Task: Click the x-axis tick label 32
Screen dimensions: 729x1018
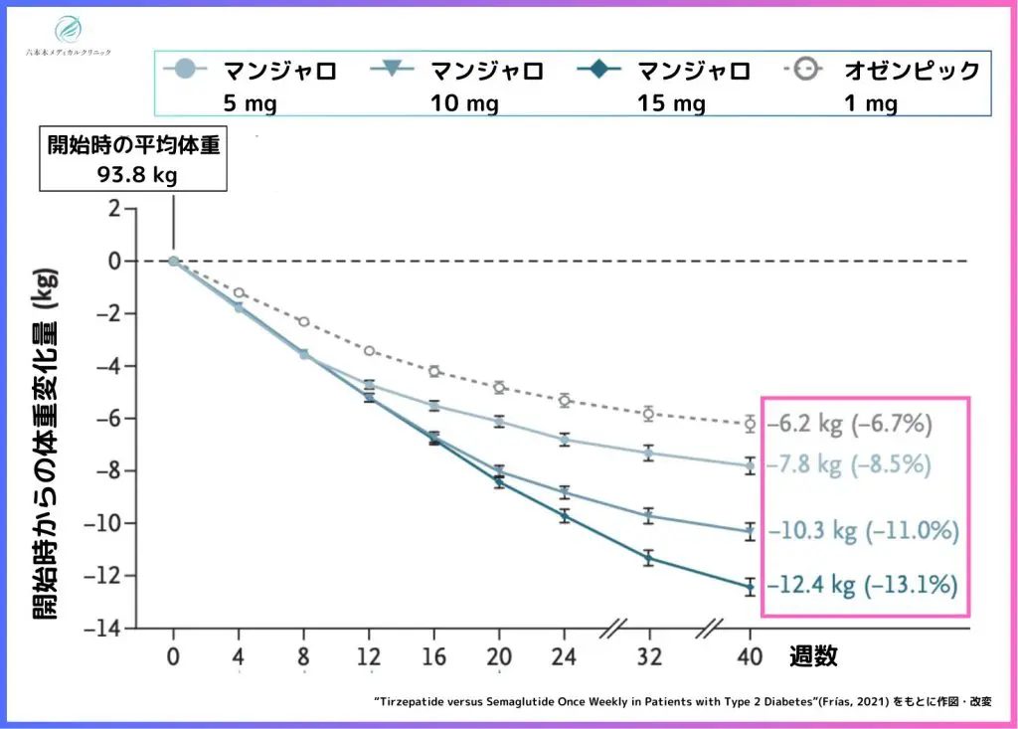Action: click(x=648, y=656)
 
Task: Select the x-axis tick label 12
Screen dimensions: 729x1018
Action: click(x=369, y=656)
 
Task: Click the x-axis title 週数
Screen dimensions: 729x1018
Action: click(x=813, y=656)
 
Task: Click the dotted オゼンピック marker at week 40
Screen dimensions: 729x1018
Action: click(x=751, y=424)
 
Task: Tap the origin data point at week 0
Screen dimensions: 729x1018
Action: click(x=173, y=261)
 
